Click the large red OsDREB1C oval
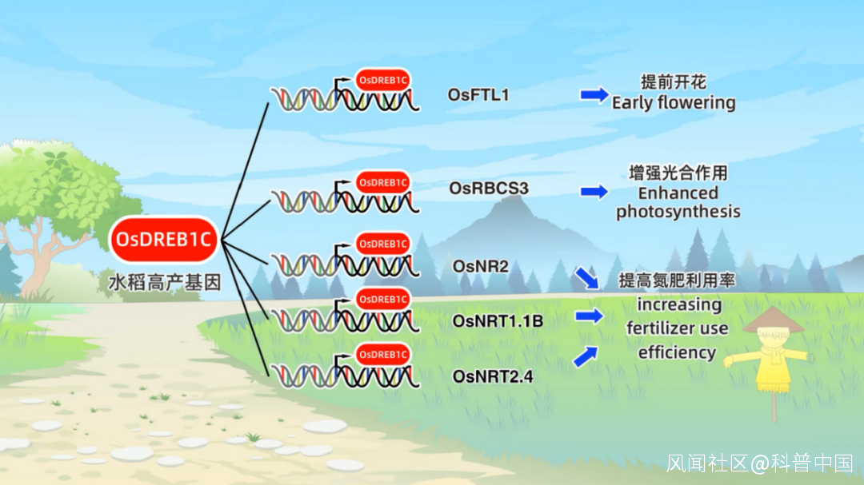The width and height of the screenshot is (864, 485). pos(164,240)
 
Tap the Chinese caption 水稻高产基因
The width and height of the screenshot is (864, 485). pos(164,282)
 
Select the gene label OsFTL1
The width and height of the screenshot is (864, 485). pos(478,95)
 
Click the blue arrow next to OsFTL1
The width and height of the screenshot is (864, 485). pos(594,95)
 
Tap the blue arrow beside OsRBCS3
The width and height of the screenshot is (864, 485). pos(594,191)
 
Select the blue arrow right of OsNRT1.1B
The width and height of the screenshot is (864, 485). pos(589,316)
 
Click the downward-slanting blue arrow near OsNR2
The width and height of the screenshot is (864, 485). pos(586,278)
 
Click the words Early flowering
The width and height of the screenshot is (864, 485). pos(674,103)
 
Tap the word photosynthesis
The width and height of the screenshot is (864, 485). pos(678,212)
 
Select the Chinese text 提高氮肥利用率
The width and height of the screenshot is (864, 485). pos(677,280)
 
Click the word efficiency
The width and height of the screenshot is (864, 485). pos(677,352)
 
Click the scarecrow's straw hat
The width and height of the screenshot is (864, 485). pos(773,320)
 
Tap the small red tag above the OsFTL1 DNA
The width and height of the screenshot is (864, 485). pos(383,80)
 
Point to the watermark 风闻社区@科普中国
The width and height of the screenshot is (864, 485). pos(760,463)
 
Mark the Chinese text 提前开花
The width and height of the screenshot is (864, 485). pos(674,82)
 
